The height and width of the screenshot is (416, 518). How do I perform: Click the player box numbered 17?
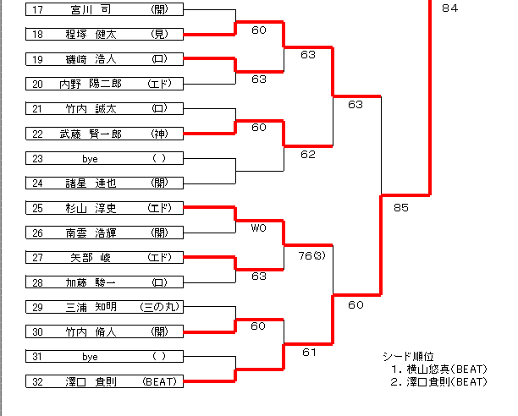tap(103, 10)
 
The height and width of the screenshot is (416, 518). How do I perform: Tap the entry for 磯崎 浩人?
tap(103, 59)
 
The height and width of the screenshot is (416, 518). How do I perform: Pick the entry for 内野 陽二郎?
tap(103, 84)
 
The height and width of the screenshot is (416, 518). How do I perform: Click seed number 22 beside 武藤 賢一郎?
tap(37, 134)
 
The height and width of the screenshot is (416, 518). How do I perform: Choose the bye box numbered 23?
tap(103, 158)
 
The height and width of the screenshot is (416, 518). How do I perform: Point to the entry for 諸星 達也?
tap(103, 183)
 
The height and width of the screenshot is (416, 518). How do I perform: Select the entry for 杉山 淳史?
tap(103, 207)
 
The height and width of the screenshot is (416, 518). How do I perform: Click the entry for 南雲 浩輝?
tap(103, 233)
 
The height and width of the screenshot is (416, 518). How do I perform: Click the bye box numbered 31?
tap(103, 357)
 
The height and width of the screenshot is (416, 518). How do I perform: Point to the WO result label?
tap(258, 227)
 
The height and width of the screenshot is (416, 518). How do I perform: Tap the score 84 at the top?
tap(449, 8)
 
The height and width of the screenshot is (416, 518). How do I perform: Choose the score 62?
tap(307, 155)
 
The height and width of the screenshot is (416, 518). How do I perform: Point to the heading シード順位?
tap(410, 356)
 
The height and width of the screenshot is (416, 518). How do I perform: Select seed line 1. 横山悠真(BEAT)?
tap(438, 369)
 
